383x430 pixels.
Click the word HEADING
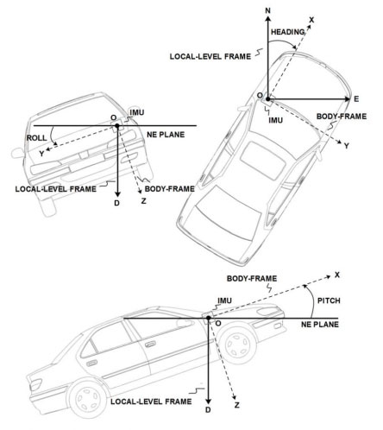tap(288, 32)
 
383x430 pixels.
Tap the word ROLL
tap(36, 138)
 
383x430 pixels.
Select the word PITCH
tap(329, 300)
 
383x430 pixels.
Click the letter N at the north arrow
tap(268, 11)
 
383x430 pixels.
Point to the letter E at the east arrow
tap(356, 99)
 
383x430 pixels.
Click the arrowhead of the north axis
tap(268, 19)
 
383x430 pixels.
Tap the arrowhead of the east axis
tap(348, 99)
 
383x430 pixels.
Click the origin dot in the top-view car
tap(268, 99)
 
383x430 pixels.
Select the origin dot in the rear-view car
tap(117, 126)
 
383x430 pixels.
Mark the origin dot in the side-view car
tap(209, 318)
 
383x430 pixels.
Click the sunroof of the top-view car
tap(263, 161)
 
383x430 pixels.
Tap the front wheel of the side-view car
tap(238, 344)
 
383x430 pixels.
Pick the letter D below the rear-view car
tap(116, 203)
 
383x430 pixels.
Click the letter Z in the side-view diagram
tap(237, 405)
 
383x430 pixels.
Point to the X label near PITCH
tap(337, 275)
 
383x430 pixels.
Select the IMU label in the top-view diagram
tap(276, 120)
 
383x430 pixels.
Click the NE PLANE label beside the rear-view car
tap(166, 135)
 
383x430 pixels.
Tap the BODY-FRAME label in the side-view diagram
tap(252, 279)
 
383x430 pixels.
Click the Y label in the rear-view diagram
tap(42, 154)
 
